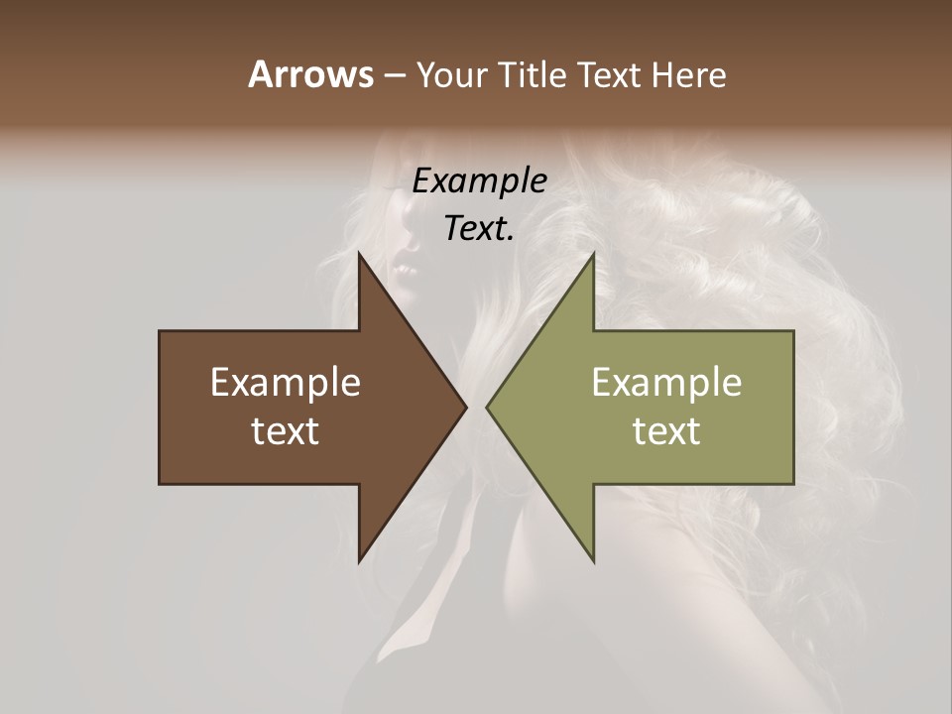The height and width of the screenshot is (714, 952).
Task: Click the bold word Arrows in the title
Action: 310,74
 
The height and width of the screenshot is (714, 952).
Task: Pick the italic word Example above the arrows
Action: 480,180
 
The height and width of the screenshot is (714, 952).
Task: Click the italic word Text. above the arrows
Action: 480,228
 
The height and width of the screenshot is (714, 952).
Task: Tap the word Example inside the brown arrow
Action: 286,383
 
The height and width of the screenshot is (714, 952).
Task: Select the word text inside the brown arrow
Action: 286,431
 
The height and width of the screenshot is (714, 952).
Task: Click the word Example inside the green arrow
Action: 666,383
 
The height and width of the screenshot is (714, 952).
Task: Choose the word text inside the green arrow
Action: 666,431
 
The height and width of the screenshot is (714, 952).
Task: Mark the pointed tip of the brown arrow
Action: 465,407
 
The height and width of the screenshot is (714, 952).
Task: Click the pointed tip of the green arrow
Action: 487,407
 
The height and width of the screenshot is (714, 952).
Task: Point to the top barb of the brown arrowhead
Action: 360,256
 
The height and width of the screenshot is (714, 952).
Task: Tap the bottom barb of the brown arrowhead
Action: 360,559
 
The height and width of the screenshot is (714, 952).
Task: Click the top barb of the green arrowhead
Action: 592,256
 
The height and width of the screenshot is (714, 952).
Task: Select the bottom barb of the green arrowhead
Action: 592,559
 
